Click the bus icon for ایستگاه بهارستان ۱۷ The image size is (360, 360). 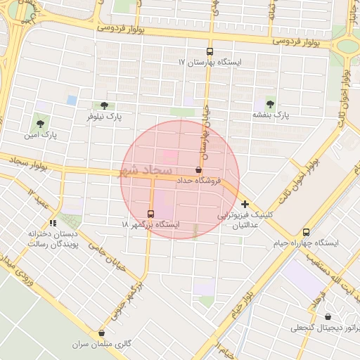coord(209,51)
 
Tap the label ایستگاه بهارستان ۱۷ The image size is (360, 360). coord(210,63)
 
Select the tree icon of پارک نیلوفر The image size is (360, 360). coord(105,105)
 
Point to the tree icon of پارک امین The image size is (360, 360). coord(39,123)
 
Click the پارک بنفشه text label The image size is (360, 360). coord(271,114)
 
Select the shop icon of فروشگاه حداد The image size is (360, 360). coord(198,170)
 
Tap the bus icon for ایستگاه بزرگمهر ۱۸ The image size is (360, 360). coord(150,213)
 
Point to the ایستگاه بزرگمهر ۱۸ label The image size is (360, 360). coord(150,224)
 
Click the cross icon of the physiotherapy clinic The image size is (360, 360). coord(245,204)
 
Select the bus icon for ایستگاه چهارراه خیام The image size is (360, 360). coord(306,232)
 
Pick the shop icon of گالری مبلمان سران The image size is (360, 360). coord(103,333)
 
